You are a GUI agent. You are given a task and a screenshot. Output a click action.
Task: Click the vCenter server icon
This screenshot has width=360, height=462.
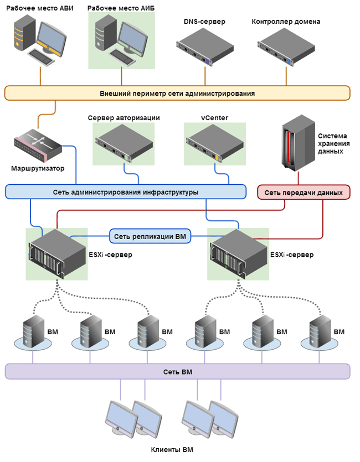click(214, 142)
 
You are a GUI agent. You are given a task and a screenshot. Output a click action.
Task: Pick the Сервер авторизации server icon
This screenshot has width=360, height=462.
click(124, 142)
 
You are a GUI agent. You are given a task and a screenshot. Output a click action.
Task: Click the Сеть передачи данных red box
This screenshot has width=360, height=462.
click(304, 193)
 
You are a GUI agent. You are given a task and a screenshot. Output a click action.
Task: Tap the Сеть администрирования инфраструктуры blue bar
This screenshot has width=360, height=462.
click(126, 192)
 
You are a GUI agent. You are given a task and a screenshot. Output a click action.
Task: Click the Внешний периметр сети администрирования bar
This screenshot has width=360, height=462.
click(177, 93)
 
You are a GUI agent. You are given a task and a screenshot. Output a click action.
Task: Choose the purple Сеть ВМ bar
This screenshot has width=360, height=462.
click(177, 371)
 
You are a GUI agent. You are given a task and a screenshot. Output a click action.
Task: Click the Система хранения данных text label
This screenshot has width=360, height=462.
click(332, 143)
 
